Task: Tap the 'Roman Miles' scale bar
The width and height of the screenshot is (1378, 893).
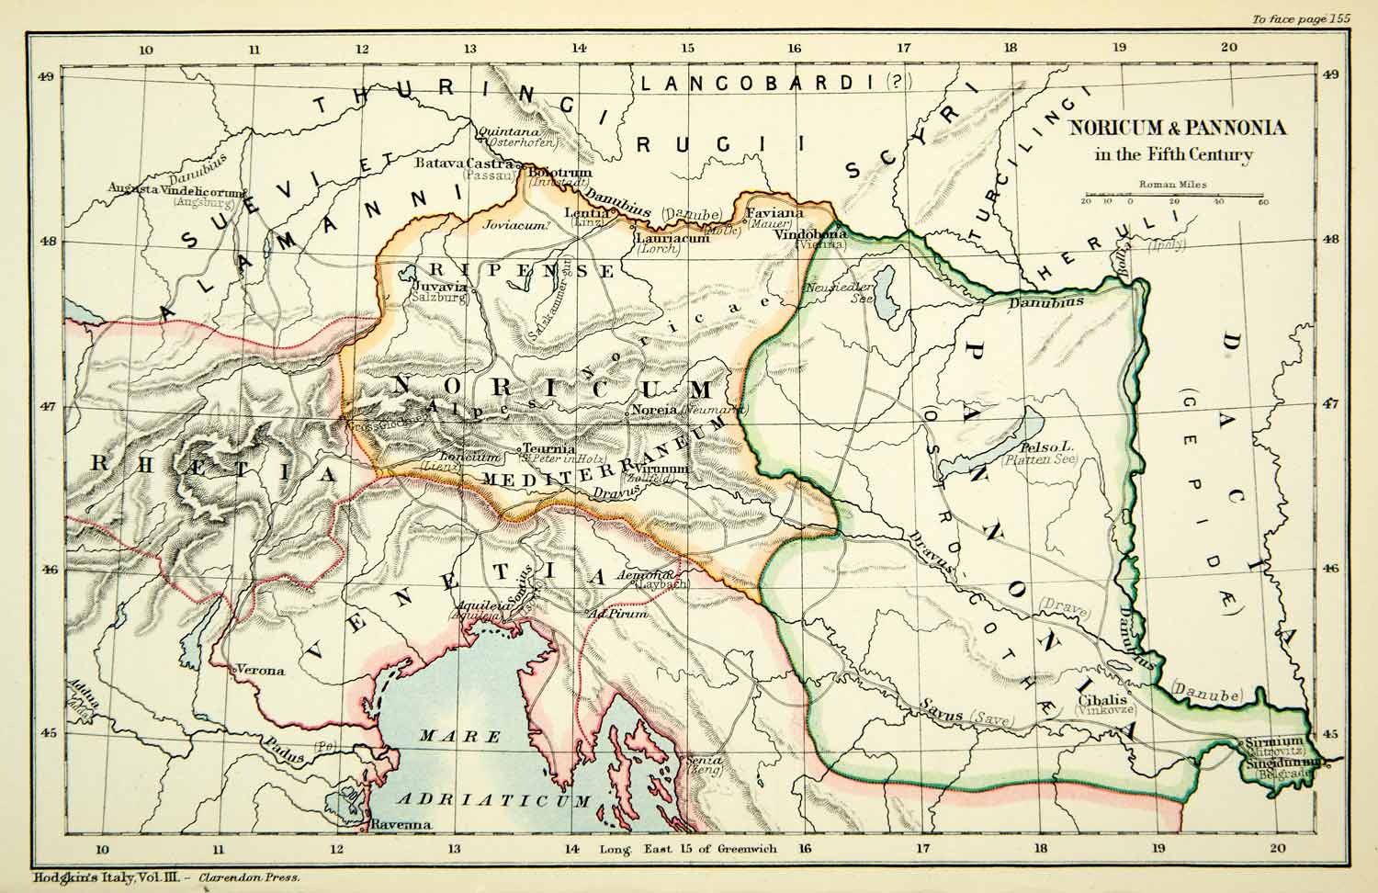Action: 1173,198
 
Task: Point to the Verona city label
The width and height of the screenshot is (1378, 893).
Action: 260,671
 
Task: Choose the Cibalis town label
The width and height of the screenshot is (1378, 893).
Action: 1097,697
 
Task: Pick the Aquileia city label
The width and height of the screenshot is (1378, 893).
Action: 477,608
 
